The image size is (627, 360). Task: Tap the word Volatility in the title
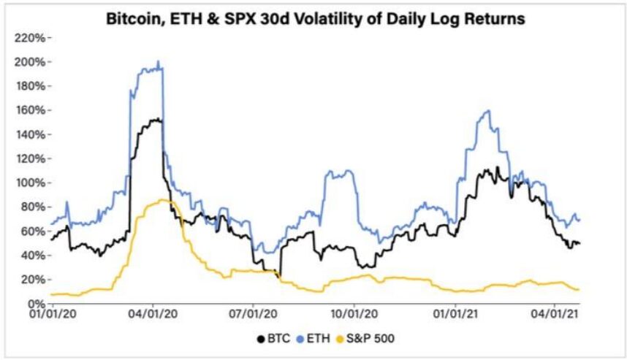[327, 19]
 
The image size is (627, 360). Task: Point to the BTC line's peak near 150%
[156, 119]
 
